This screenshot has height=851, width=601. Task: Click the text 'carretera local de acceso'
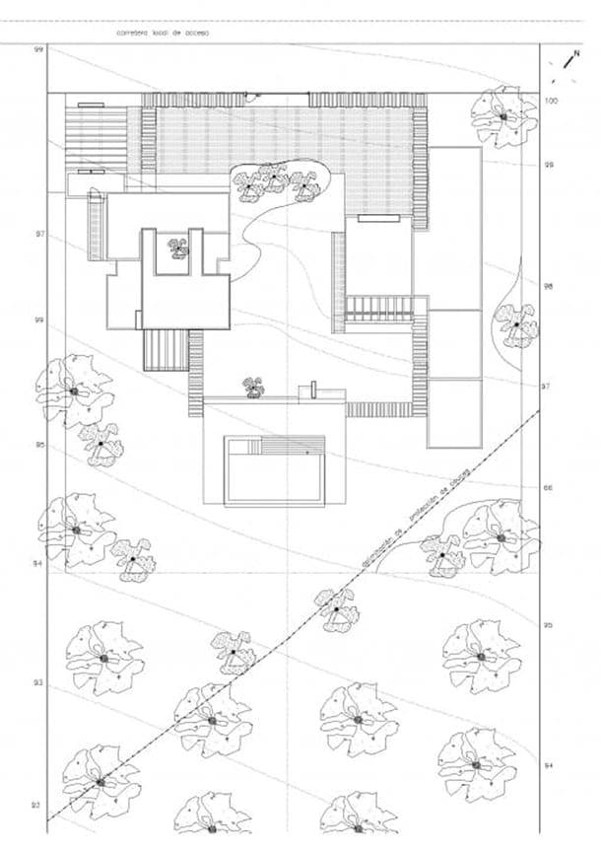[164, 33]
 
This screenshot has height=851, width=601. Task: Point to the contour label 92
[35, 806]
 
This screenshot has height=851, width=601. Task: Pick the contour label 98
[549, 286]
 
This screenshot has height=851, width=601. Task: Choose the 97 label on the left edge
[40, 235]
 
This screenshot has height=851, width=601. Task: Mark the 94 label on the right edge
[549, 765]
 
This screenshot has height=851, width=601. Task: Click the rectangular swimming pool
[274, 471]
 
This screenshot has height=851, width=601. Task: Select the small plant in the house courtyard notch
[178, 248]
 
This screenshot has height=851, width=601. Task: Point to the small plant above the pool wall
[255, 387]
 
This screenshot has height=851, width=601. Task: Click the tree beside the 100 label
[502, 115]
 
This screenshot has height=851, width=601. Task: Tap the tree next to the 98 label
[516, 323]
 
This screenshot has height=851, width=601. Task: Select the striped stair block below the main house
[165, 349]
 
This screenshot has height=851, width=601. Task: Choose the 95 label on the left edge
[40, 445]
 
